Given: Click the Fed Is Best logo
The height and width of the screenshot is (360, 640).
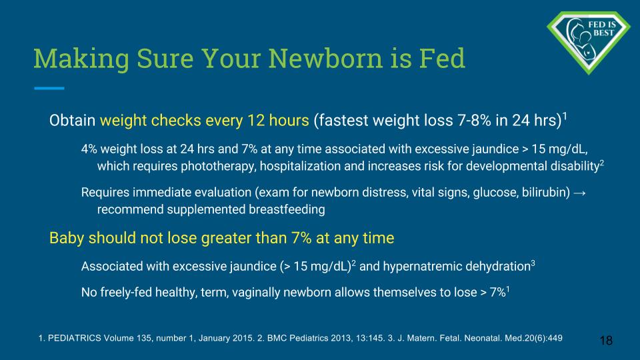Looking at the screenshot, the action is (x=588, y=43).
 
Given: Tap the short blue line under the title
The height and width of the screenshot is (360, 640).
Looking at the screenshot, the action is (x=49, y=88).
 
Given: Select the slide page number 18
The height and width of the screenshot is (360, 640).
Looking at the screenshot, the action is (x=606, y=341).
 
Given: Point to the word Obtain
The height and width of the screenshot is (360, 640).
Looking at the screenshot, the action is (x=72, y=121).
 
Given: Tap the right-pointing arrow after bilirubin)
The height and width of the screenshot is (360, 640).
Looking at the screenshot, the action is (x=579, y=193).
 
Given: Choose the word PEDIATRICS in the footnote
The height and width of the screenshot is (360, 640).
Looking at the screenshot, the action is (x=74, y=339).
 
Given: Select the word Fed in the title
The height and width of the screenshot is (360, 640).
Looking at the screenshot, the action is (x=442, y=58).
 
